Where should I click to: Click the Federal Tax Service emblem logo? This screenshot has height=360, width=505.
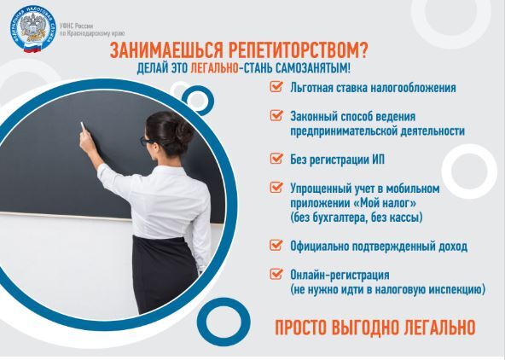coord(33,29)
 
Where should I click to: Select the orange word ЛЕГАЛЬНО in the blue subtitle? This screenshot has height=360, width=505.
coord(214,68)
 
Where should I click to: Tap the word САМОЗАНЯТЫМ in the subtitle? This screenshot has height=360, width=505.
coord(312,68)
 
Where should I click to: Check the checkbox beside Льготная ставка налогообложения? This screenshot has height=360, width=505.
coord(276,86)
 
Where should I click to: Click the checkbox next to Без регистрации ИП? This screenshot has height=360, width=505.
coord(276,158)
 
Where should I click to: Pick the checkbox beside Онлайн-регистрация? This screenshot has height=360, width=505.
coord(276,274)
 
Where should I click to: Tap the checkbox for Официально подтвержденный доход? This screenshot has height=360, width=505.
coord(276,245)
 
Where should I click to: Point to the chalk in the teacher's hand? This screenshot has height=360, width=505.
coord(83,127)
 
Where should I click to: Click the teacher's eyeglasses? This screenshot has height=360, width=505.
coord(147,141)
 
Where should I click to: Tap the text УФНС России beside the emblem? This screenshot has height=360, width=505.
coord(76,26)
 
